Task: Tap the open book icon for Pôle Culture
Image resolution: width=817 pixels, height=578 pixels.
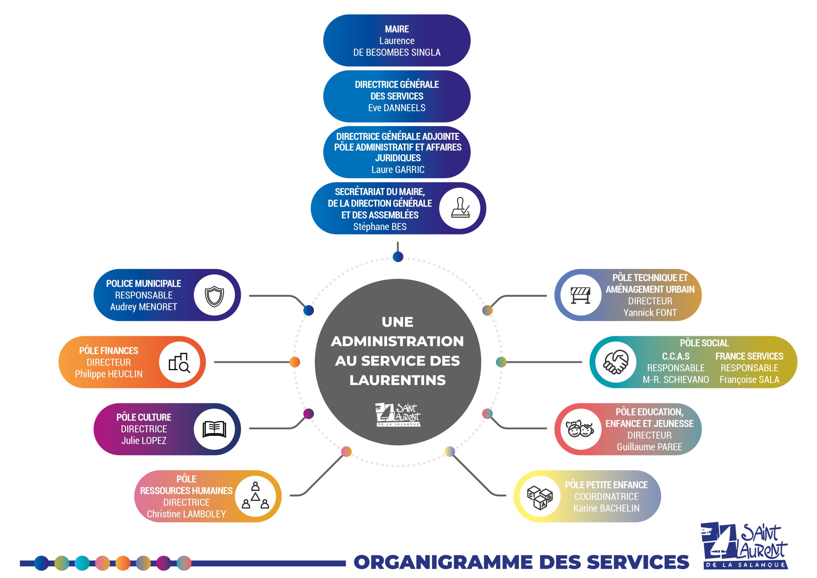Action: tap(214, 429)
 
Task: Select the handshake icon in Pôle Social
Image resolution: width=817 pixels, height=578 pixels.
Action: tap(616, 362)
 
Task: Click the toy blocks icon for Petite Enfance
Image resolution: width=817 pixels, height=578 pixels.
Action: tap(540, 497)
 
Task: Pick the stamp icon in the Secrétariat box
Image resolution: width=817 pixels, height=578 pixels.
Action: tap(460, 208)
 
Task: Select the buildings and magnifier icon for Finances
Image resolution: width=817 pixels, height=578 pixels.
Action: tap(179, 362)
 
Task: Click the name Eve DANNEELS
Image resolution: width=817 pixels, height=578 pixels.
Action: tap(397, 108)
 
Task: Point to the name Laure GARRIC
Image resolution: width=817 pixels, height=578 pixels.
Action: tap(398, 170)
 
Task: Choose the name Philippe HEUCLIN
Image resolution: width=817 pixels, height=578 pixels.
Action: tap(109, 374)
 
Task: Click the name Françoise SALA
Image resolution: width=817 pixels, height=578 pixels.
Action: tap(749, 380)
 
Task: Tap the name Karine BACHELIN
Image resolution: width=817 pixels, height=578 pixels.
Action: tap(606, 508)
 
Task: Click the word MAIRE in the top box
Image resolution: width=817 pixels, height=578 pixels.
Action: tap(397, 29)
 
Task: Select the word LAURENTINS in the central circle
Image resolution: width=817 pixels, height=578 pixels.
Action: tap(397, 380)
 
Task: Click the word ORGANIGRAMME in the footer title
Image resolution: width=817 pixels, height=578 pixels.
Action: tap(443, 562)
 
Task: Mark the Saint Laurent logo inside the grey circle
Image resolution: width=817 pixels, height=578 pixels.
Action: tap(398, 414)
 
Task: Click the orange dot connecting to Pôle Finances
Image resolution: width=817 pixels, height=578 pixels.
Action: tap(295, 362)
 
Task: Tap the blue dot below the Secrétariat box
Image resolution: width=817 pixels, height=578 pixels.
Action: tap(398, 256)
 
